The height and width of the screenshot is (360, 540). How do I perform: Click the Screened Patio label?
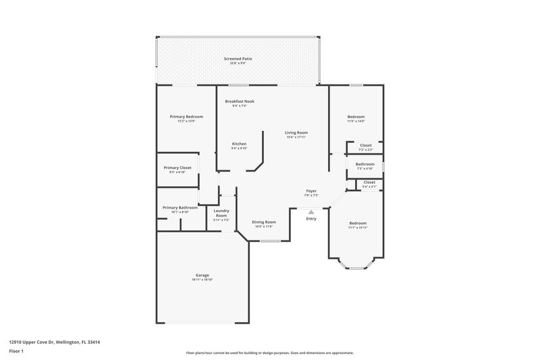[x=237, y=59]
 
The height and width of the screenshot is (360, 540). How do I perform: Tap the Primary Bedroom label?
[x=186, y=116]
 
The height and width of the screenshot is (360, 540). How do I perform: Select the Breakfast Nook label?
[x=240, y=101]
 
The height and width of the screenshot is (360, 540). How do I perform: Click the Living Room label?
[x=296, y=132]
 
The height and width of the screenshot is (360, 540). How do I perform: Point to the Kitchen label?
[x=240, y=143]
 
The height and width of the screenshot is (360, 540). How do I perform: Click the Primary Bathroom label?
[x=180, y=207]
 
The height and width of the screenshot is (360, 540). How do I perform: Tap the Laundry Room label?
[x=222, y=213]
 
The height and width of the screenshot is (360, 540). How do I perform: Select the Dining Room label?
[x=264, y=222]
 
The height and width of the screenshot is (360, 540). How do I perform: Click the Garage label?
[x=202, y=275]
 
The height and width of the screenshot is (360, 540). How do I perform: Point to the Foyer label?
[x=311, y=190]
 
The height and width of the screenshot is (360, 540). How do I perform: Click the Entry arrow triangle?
[x=311, y=211]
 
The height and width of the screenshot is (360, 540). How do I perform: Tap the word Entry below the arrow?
[x=311, y=219]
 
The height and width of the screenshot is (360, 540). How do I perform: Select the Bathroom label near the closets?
[x=365, y=163]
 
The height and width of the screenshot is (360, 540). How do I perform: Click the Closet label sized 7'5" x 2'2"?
[x=365, y=145]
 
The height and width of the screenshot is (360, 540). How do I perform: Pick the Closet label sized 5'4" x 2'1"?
[x=369, y=182]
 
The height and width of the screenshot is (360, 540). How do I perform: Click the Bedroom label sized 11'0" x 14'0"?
[x=356, y=116]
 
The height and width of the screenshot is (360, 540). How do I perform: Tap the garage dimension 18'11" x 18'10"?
[x=202, y=279]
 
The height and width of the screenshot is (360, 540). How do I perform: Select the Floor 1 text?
[x=16, y=352]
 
